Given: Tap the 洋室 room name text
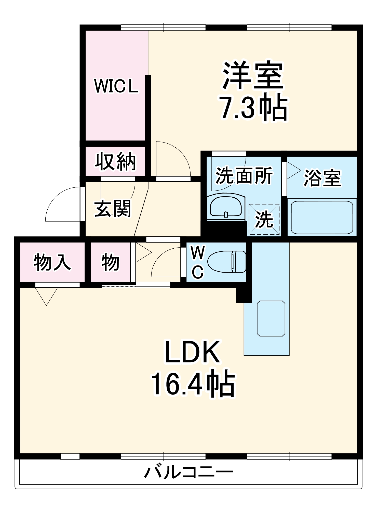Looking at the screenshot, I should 253,75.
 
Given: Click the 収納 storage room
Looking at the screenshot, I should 115,161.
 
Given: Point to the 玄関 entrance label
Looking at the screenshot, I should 112,209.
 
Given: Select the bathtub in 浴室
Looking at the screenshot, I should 322,218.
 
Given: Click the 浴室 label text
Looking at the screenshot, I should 322,178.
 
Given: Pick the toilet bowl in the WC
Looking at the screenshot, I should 227,261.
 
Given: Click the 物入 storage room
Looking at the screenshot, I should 52,262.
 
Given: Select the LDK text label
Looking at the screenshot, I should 192,352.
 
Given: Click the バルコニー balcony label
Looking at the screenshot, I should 188,472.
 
